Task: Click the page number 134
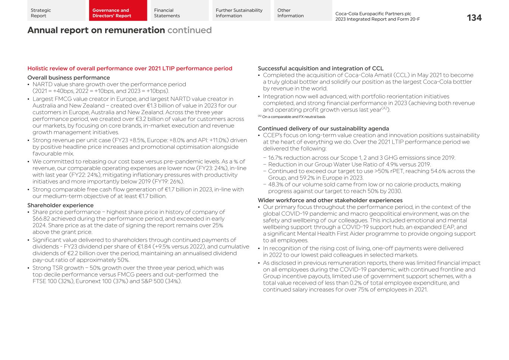pyautogui.click(x=474, y=18)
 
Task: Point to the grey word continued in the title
pyautogui.click(x=189, y=30)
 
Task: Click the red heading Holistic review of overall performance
pyautogui.click(x=130, y=69)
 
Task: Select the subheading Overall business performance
pyautogui.click(x=69, y=78)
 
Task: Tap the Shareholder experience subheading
pyautogui.click(x=60, y=205)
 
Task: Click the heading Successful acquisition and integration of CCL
pyautogui.click(x=320, y=69)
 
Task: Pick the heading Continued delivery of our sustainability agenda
pyautogui.click(x=323, y=129)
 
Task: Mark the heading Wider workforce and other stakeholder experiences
pyautogui.click(x=330, y=200)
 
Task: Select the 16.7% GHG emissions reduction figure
pyautogui.click(x=276, y=158)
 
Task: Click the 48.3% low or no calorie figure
pyautogui.click(x=276, y=185)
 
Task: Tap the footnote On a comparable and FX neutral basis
pyautogui.click(x=293, y=117)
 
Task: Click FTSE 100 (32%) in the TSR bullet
pyautogui.click(x=53, y=281)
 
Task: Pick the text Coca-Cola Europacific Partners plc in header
pyautogui.click(x=373, y=14)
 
